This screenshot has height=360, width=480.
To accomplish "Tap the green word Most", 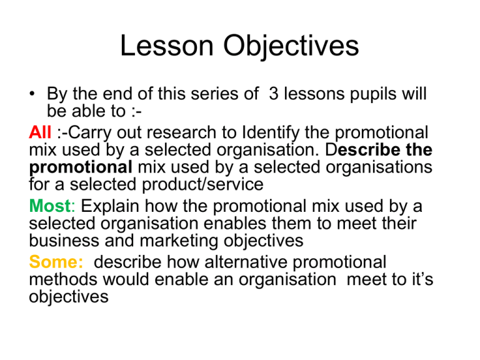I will click(x=49, y=206).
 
